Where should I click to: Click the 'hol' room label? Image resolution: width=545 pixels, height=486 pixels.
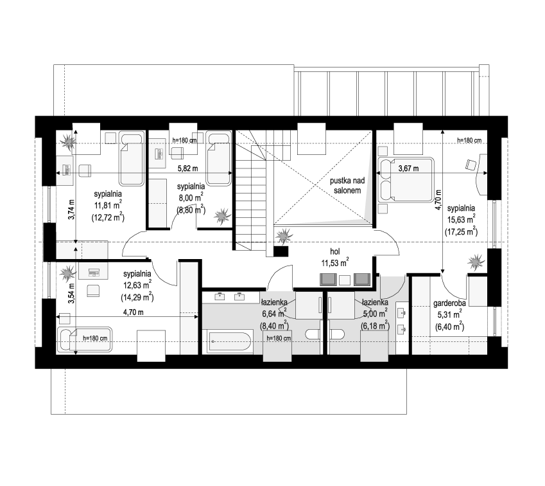point(334,251)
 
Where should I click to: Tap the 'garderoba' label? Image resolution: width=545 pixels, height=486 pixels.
point(449,303)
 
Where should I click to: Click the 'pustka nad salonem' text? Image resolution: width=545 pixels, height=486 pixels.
point(347,186)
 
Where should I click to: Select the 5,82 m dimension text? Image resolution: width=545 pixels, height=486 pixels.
point(187,168)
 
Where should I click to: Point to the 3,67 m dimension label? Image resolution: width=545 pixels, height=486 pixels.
point(408,168)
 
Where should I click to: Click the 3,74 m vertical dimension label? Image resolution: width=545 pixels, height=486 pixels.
point(71,209)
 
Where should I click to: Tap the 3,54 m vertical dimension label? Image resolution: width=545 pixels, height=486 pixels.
point(71,294)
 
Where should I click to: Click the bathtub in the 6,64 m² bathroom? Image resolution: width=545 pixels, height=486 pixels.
point(229,341)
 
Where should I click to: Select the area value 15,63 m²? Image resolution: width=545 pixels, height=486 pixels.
point(462,219)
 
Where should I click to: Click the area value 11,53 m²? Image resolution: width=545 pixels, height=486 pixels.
point(335,262)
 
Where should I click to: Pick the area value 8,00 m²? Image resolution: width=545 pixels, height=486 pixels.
point(191,197)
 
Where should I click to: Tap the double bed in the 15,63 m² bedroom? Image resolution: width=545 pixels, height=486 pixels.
point(406,179)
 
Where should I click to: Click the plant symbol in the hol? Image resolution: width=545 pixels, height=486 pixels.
point(284,235)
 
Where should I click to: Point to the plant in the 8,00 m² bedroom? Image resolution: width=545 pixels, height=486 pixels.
point(222,216)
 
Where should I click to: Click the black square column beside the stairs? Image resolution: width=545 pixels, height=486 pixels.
point(281,251)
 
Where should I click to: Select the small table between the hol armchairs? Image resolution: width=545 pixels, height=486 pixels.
point(345,280)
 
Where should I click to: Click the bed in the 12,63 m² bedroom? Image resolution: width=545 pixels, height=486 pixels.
point(85,339)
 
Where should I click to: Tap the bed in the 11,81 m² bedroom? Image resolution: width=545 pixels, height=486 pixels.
point(132,158)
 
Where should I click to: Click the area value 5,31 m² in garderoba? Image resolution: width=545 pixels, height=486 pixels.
point(449,314)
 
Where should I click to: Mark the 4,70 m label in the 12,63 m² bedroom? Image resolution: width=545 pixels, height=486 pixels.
point(134,312)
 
